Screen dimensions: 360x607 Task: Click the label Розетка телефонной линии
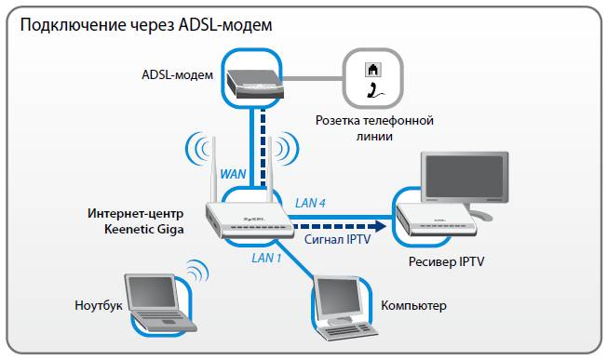[373, 128]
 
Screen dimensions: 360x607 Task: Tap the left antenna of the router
[212, 167]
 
